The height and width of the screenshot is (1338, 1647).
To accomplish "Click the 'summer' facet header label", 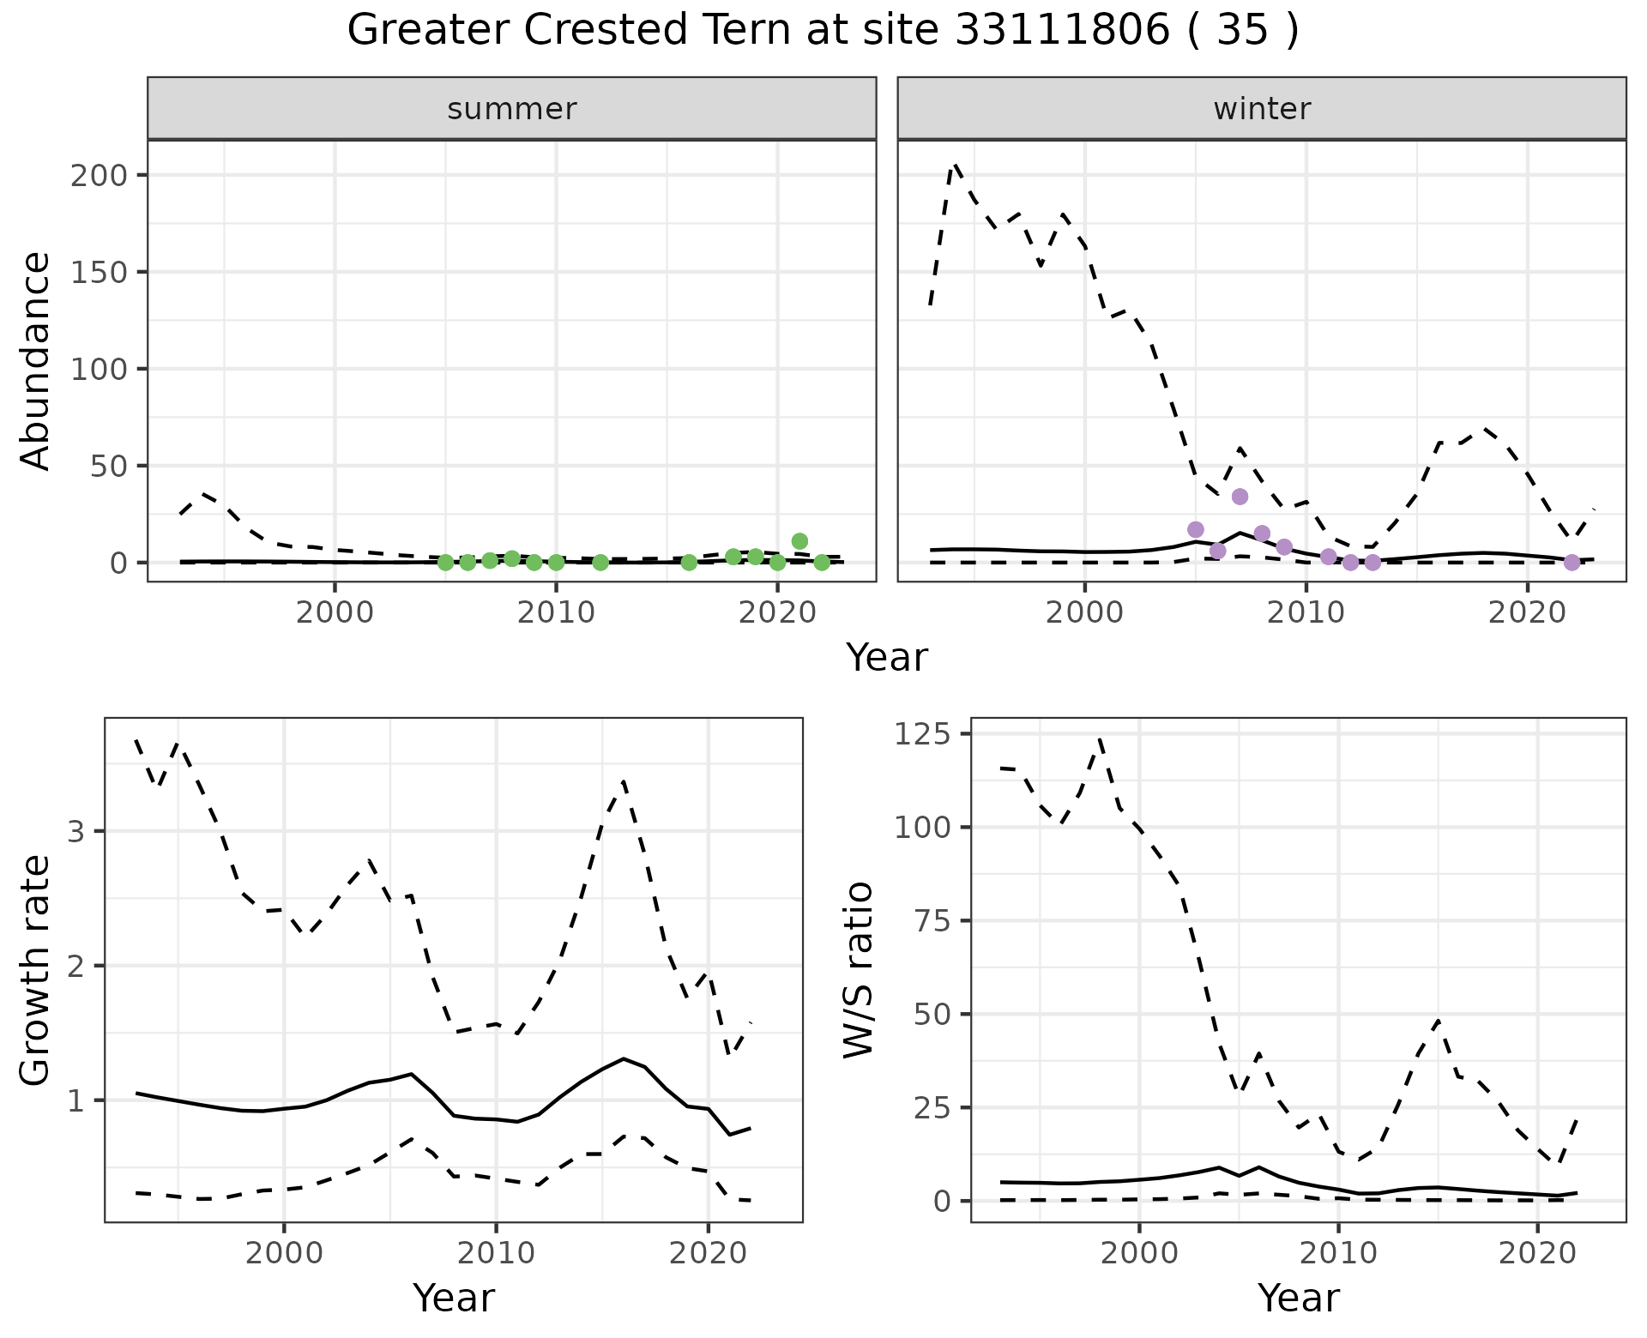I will [x=512, y=109].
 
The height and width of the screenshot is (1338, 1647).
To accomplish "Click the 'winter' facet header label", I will [x=1262, y=109].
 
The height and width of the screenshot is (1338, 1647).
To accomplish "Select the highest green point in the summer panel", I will [x=799, y=541].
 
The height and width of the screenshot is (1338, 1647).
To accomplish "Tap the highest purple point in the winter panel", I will [x=1240, y=497].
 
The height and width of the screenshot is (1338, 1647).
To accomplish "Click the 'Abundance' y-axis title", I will [x=36, y=360].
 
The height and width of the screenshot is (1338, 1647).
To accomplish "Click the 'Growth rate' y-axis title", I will [x=36, y=970].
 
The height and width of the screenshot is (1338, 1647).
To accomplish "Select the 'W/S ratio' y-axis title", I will [x=859, y=970].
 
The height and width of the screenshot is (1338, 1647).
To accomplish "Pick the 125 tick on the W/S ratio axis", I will [x=922, y=734].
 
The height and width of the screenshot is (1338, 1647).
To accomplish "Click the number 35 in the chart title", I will [x=1242, y=31].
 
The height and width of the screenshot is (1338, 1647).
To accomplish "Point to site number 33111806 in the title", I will [x=1062, y=31].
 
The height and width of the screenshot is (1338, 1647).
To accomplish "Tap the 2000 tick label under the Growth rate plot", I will [x=284, y=1253].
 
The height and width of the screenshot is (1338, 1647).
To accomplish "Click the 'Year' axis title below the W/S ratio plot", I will [x=1298, y=1298].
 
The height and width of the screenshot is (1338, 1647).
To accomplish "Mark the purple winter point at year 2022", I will [x=1572, y=563].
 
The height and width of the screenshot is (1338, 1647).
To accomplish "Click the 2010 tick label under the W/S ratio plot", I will [x=1338, y=1253].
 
